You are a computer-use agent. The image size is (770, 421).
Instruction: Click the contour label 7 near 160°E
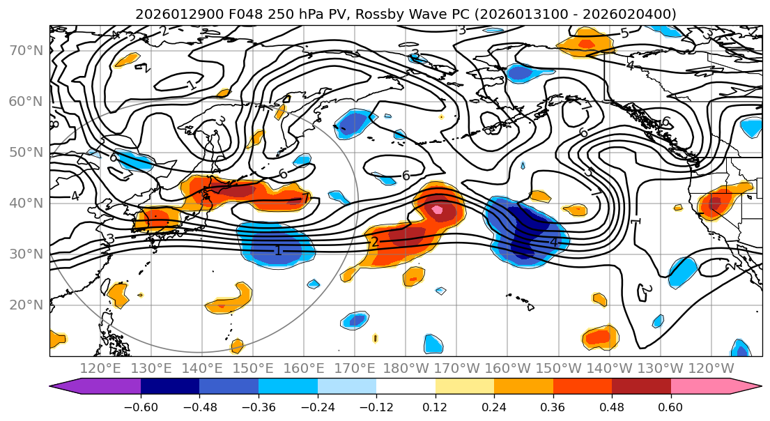pos(305,199)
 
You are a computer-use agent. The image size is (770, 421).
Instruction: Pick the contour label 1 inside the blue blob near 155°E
pos(278,250)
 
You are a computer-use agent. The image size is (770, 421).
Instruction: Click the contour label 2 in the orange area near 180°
pos(374,242)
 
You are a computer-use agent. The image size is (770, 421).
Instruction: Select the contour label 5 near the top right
pos(624,33)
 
